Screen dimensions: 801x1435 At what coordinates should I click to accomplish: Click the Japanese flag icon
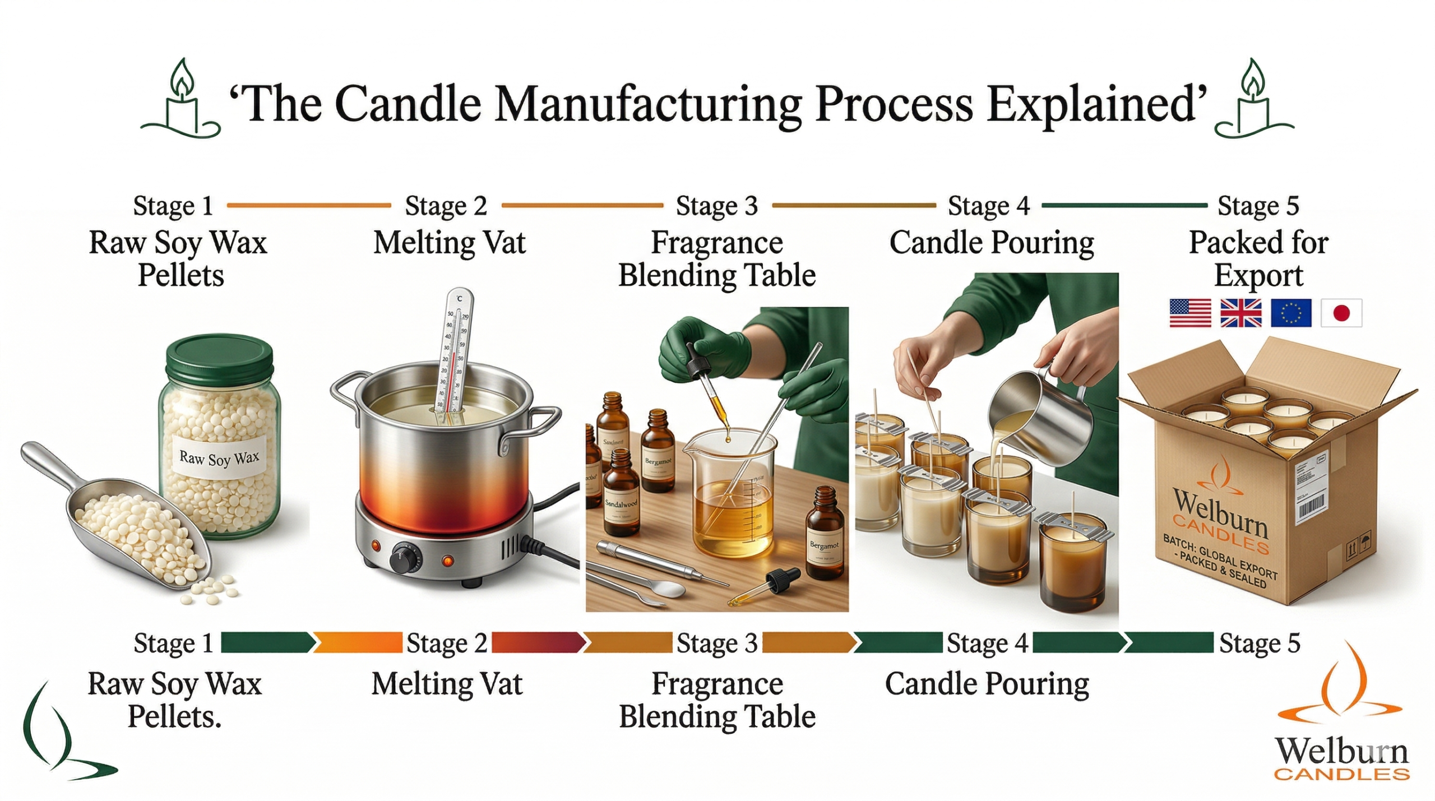(1340, 312)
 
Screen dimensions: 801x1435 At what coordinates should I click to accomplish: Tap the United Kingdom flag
(1240, 312)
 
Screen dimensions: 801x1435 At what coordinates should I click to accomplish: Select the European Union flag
(1290, 312)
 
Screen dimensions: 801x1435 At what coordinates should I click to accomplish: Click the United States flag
(1189, 312)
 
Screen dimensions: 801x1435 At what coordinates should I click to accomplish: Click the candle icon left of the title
(181, 101)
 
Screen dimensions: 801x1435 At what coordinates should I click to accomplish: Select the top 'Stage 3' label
(716, 206)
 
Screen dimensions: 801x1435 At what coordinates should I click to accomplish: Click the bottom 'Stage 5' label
(1259, 643)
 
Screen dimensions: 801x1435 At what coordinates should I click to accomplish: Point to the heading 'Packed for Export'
(1258, 258)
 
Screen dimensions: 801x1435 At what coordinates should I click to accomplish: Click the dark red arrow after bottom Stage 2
(537, 642)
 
